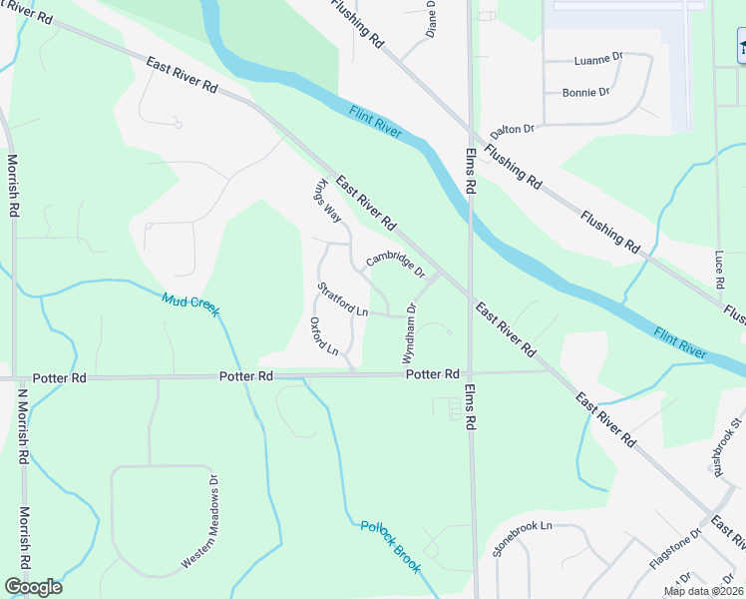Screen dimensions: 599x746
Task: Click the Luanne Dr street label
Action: (x=598, y=60)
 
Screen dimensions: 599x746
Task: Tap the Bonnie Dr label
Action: (x=585, y=92)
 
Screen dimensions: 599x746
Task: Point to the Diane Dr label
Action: (x=431, y=18)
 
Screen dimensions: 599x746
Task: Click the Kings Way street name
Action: (x=327, y=203)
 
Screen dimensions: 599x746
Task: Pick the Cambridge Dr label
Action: (x=395, y=265)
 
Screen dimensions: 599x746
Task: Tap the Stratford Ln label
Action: (x=343, y=299)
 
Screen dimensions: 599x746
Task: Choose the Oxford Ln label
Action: (x=325, y=336)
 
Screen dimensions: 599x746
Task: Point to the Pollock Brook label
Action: (x=391, y=547)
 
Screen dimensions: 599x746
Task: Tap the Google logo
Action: (x=33, y=587)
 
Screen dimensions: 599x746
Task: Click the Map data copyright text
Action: (x=703, y=591)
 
